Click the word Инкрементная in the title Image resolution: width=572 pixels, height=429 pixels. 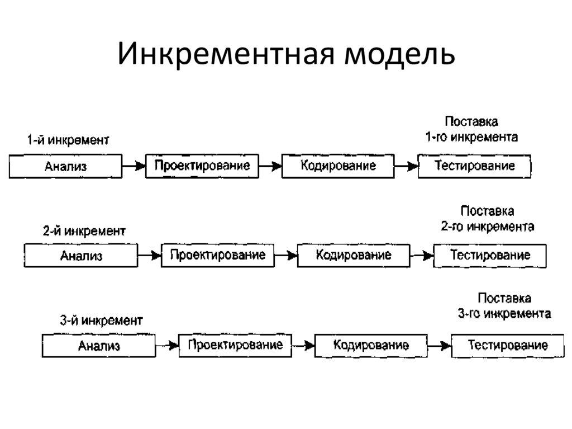coord(223,56)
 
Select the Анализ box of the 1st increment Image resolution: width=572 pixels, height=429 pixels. coord(65,166)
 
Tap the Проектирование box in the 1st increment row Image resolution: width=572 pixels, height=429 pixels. coord(202,166)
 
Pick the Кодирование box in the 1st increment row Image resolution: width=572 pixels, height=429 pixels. coord(338,166)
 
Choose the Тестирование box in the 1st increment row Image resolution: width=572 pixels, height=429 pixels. coord(474,166)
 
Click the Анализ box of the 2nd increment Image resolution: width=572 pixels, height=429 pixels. coord(81,256)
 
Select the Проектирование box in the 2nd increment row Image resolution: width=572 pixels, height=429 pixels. coord(217,256)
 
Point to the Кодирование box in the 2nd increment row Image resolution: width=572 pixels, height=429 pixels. coord(354,256)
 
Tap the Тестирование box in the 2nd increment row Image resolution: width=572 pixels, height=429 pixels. coord(490,256)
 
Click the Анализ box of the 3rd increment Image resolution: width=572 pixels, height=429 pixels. coord(99,345)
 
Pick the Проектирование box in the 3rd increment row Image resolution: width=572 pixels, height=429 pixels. coord(235,345)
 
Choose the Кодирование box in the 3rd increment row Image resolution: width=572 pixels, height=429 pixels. coord(371,345)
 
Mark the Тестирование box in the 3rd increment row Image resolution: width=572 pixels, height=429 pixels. coord(507,345)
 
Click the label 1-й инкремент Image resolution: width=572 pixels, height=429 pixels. coord(69,140)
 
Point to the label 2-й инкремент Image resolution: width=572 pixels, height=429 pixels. coord(84,230)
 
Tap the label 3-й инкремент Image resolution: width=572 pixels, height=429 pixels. coord(101,320)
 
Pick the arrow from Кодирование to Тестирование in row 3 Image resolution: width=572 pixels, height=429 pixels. coord(438,346)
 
